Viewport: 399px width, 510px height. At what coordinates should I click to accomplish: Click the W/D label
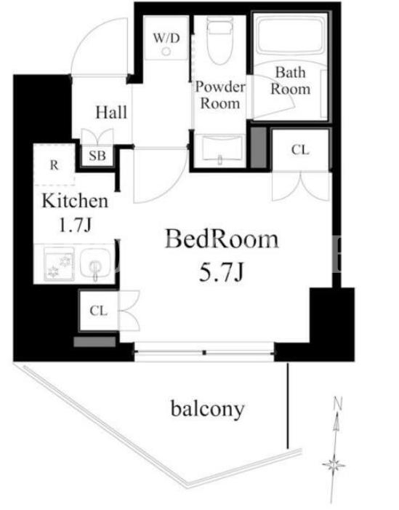coord(166,38)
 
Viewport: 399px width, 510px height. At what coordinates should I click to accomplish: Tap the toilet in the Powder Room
coord(220,39)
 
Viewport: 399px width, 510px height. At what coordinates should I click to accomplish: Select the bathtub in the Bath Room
coord(291,35)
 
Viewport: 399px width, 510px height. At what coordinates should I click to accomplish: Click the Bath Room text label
coord(291,81)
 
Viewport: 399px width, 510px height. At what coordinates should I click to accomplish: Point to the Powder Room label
coord(220,95)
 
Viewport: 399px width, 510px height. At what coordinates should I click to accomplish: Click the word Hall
coord(111,113)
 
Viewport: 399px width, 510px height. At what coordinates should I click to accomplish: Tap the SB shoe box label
coord(97,156)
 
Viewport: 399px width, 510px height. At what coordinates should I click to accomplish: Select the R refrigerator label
coord(55,165)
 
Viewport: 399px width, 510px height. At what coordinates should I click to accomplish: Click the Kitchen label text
coord(75,201)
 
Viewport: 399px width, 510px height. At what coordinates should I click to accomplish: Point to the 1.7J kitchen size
coord(75,225)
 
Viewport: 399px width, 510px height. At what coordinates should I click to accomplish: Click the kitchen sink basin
coord(96,263)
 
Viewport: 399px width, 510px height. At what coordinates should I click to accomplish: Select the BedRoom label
coord(222,239)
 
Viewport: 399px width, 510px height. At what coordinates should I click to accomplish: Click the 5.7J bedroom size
coord(221,272)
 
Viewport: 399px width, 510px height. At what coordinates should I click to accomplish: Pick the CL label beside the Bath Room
coord(300,150)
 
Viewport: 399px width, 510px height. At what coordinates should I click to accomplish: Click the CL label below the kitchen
coord(98,311)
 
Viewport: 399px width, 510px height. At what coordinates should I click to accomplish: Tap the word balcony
coord(208,409)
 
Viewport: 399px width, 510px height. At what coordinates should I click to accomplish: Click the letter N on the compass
coord(339,403)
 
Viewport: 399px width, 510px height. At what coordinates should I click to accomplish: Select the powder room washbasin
coord(222,149)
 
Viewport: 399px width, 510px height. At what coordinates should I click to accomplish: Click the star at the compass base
coord(334,465)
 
